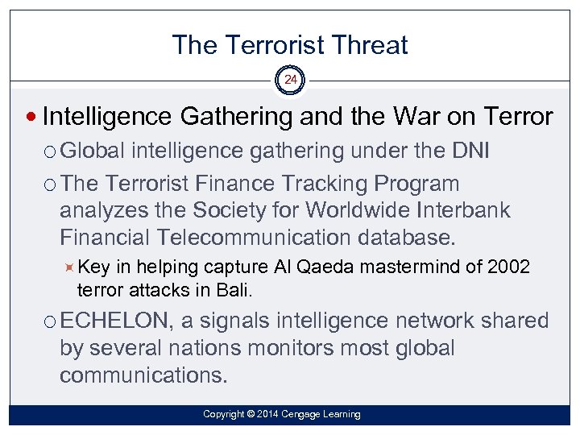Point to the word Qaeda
[x=328, y=267]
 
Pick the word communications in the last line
[x=143, y=375]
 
